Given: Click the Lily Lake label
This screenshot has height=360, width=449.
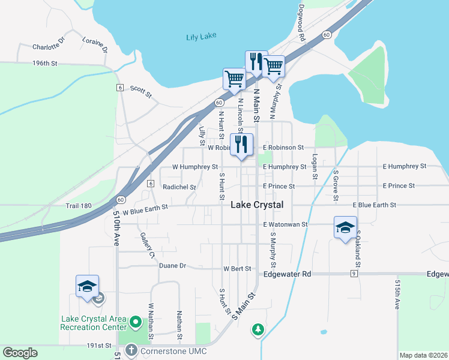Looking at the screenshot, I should tap(200, 37).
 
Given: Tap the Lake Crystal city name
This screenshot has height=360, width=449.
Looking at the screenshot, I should tap(257, 205).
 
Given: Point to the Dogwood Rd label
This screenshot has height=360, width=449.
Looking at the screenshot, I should tap(302, 24).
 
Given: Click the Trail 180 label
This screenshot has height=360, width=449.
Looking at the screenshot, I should tap(78, 206).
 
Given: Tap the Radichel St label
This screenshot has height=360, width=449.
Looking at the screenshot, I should tap(179, 187).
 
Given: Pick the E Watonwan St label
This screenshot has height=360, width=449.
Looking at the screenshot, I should tap(285, 224).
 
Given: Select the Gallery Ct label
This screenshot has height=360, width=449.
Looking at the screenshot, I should tap(148, 245).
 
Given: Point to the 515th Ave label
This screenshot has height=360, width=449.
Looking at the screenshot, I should tap(397, 294).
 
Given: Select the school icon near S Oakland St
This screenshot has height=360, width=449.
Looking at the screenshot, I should tap(345, 227).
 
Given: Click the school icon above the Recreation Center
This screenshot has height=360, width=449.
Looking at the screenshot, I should tap(87, 286).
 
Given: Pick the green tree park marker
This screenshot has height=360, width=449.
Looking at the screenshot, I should tap(258, 329).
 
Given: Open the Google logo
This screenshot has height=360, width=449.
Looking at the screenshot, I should tap(20, 353).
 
